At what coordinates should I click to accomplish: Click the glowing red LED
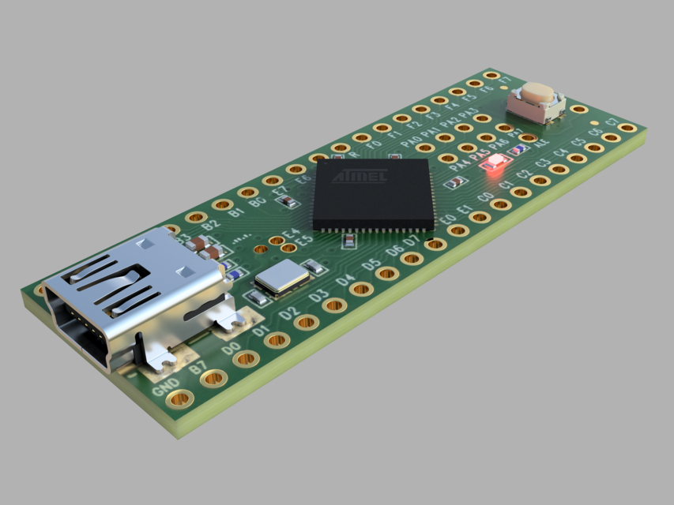(495, 163)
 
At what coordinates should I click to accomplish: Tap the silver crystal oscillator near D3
(281, 278)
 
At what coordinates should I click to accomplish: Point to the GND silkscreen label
(165, 384)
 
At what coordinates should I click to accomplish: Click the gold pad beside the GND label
(180, 398)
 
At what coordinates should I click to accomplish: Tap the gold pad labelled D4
(361, 289)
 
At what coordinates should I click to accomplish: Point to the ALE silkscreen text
(542, 144)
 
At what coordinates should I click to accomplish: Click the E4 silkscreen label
(291, 234)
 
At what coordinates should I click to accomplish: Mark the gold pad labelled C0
(479, 216)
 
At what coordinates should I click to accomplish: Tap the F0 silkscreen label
(375, 144)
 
